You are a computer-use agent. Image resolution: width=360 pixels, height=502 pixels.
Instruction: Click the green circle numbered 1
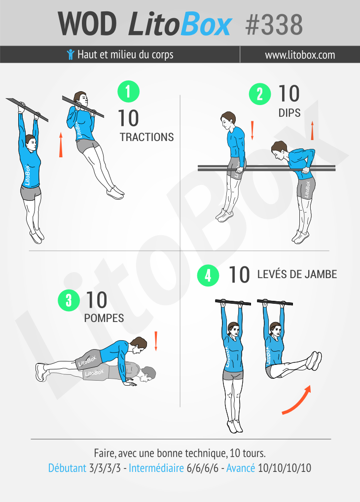[128, 92]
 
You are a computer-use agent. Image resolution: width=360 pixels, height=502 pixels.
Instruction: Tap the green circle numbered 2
[260, 94]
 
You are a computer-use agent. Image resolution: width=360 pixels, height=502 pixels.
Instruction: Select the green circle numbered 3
[69, 300]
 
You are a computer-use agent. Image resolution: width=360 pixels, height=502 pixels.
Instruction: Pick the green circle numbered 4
[208, 275]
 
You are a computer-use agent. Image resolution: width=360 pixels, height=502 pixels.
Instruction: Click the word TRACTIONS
[146, 137]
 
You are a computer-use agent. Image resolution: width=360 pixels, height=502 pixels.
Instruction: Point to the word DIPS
[289, 113]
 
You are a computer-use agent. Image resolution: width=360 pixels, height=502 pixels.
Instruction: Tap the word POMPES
[104, 318]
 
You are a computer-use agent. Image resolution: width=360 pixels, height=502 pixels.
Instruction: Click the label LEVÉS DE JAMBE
[297, 274]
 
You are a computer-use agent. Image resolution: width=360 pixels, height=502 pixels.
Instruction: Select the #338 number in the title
[274, 25]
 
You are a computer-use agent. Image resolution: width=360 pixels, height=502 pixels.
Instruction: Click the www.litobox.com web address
[300, 55]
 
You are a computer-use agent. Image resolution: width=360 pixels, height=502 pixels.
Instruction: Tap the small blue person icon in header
[71, 54]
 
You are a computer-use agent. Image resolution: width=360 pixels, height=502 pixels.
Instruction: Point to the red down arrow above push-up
[156, 341]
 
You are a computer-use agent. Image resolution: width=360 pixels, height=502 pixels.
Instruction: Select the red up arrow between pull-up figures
[61, 145]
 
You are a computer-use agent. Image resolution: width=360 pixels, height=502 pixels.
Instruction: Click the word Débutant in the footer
[67, 468]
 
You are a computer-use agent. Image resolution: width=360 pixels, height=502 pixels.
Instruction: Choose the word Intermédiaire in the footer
[156, 468]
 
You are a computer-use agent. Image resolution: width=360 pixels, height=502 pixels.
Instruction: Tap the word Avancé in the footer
[241, 468]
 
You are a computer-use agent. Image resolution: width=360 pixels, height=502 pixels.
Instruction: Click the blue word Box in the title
[206, 24]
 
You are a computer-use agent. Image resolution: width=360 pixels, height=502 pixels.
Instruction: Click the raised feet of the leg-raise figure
[314, 361]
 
